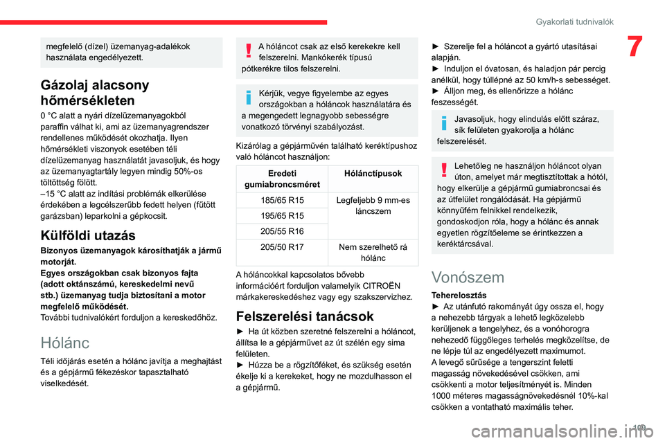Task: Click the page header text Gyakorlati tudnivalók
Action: (574, 21)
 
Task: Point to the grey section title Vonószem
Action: (468, 278)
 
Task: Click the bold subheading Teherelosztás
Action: (457, 295)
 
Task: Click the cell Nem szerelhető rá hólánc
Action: (373, 253)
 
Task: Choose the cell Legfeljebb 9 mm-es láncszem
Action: (373, 206)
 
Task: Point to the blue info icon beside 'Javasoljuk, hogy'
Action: (443, 125)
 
